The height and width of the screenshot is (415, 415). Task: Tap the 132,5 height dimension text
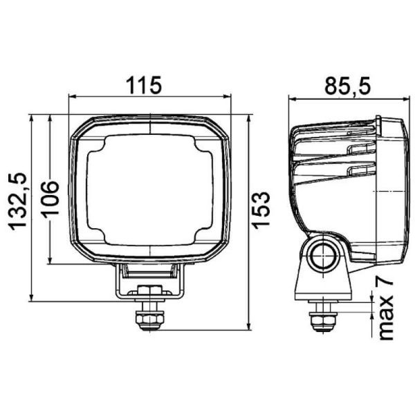[x=17, y=201]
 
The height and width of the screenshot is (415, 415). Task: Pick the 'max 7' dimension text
[x=385, y=308]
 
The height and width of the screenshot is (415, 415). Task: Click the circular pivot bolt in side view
[x=322, y=254]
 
